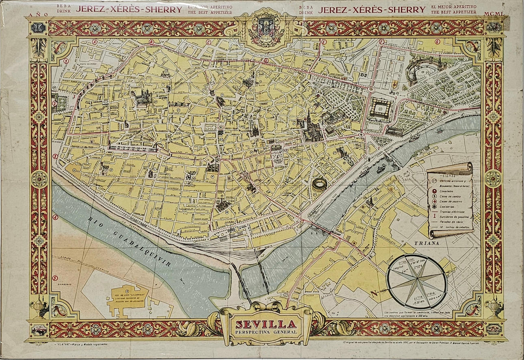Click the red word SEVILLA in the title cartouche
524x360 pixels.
[x=266, y=324]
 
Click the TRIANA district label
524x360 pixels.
[x=427, y=243]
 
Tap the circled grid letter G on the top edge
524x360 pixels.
[x=437, y=41]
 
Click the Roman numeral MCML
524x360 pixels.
[x=494, y=14]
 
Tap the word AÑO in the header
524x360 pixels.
[x=39, y=14]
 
